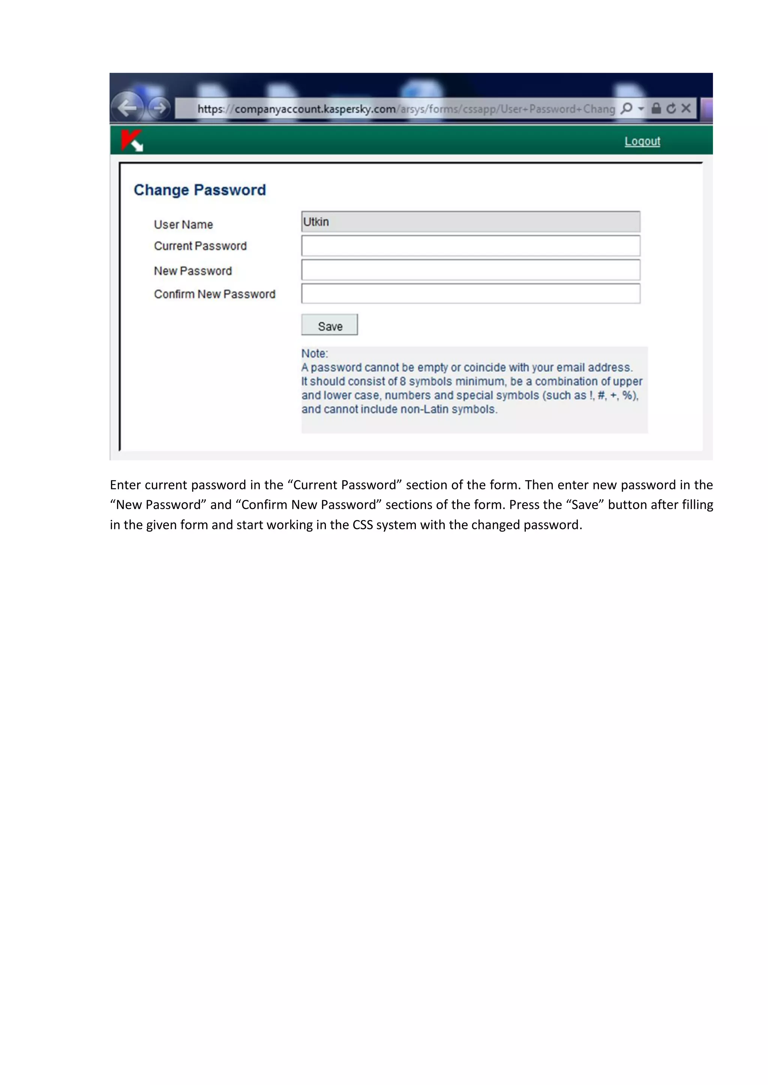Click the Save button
pos(329,325)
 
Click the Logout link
pos(642,141)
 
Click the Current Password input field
pos(471,246)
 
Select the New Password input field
pos(471,270)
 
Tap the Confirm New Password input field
pos(471,293)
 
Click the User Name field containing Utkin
pos(471,222)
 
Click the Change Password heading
pos(199,190)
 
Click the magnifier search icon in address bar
pos(626,109)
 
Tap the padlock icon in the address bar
pos(656,109)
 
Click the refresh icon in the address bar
pos(671,109)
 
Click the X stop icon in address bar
pos(686,109)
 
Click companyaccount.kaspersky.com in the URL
pos(315,109)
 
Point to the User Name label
pos(183,224)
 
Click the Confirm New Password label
pos(214,294)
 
